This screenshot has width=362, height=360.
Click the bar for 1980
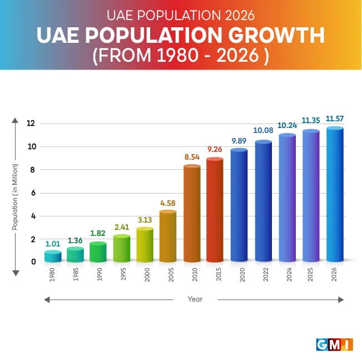click(53, 257)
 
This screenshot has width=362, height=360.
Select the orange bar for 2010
click(192, 214)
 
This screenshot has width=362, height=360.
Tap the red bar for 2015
click(215, 210)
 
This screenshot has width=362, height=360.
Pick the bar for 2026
click(335, 195)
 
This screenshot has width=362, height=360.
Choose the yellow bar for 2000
click(145, 245)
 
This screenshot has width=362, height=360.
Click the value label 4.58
click(168, 203)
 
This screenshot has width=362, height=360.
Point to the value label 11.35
click(311, 120)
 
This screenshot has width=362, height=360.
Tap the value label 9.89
click(239, 140)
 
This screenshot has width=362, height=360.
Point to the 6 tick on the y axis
click(33, 193)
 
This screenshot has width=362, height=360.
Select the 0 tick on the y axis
click(33, 262)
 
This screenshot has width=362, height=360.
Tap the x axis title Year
click(195, 299)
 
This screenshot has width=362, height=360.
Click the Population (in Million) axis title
click(16, 197)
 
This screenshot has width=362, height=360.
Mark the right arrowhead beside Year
click(341, 300)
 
